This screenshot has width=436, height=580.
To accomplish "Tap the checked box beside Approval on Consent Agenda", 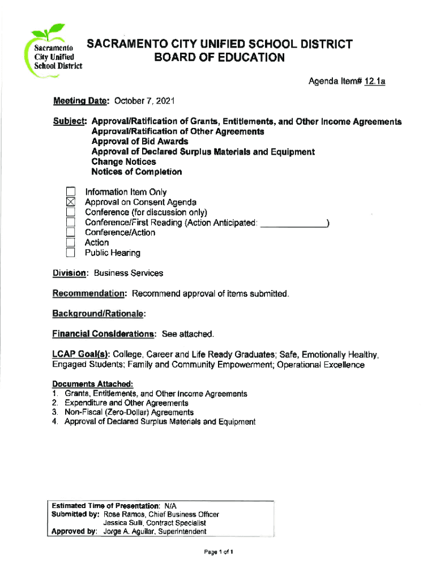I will [71, 202].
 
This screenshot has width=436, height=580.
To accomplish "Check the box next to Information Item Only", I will [71, 192].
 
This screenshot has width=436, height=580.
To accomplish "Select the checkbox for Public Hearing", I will [71, 253].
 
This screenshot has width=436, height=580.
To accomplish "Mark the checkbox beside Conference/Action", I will [71, 232].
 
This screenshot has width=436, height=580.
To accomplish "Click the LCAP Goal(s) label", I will [80, 355].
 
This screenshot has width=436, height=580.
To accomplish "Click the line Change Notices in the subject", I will [123, 161].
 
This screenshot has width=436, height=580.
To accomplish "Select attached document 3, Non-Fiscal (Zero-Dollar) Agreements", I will [129, 412].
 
